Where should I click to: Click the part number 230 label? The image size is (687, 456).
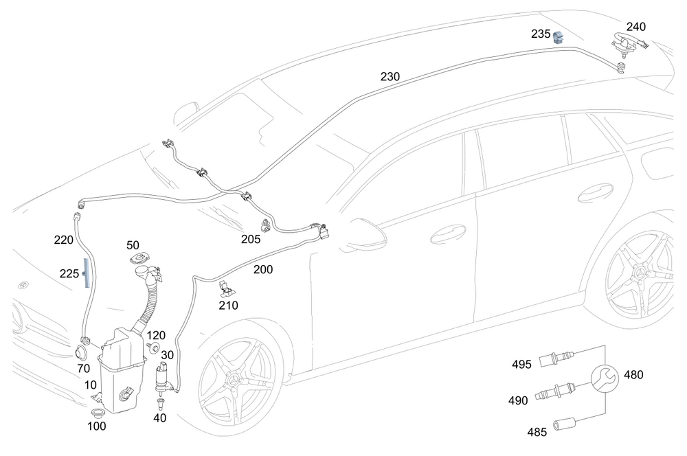(x=390, y=77)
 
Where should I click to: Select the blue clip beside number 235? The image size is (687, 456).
(x=558, y=38)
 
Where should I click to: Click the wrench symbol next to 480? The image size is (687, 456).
(x=605, y=378)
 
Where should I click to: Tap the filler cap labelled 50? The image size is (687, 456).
(x=140, y=258)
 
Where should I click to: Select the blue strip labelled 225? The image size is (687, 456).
(x=86, y=273)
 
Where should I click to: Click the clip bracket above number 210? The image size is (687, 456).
(x=226, y=288)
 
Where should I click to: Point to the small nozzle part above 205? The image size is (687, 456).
(x=265, y=225)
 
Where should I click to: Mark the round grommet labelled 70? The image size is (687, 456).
(x=81, y=352)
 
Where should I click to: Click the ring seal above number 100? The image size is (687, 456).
(x=96, y=413)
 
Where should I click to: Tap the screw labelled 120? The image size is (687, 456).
(x=154, y=347)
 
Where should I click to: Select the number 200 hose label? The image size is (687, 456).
(x=263, y=269)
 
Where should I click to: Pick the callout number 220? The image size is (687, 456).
(x=63, y=240)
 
